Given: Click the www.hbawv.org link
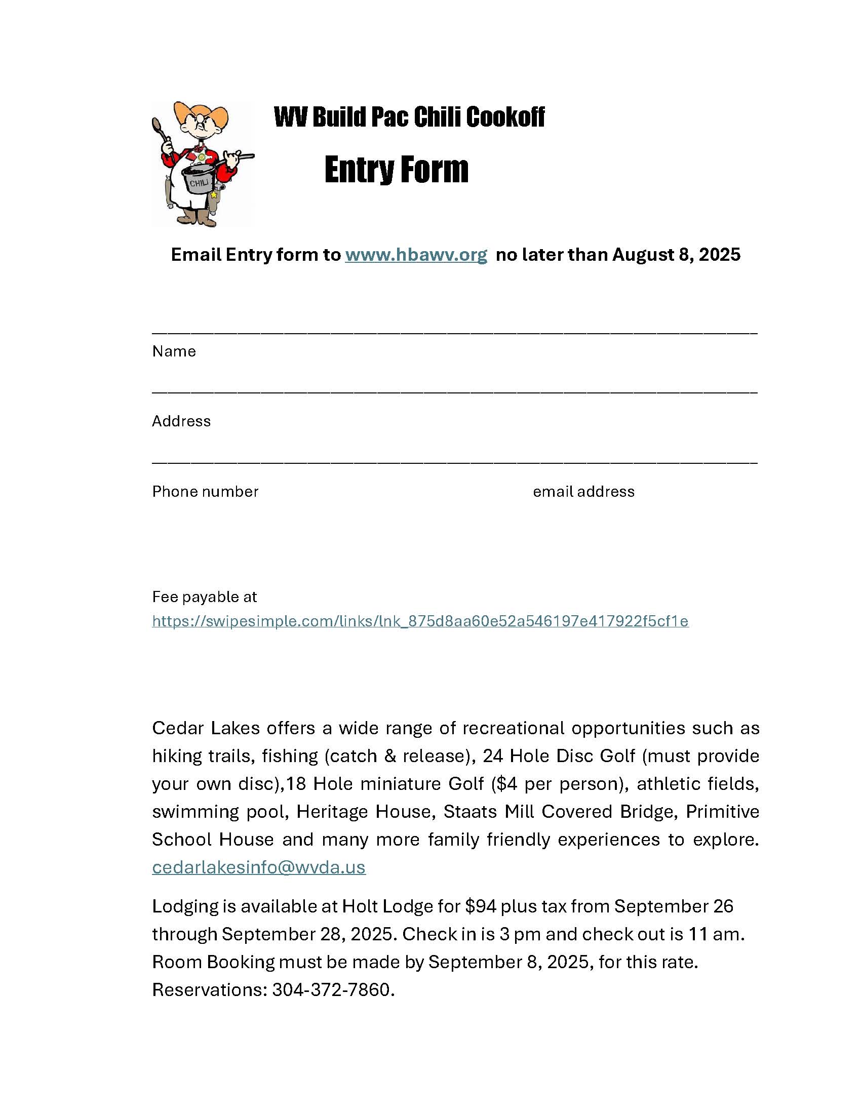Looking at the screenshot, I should coord(416,255).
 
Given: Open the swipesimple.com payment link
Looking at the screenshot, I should coord(420,621).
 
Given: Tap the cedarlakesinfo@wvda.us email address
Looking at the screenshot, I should coord(259,867).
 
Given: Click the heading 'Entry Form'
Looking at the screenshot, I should coord(397,169).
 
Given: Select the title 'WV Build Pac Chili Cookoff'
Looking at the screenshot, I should coord(409,117).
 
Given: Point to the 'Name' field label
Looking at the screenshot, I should coord(174,351).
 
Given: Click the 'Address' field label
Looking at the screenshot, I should coord(181,421).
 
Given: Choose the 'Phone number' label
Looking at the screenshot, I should coord(205,492).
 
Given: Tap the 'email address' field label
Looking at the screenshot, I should coord(583,492).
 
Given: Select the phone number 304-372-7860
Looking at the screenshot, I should coord(331,989).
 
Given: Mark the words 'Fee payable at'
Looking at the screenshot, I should coord(204,597).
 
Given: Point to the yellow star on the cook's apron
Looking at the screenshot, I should coord(214,195).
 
